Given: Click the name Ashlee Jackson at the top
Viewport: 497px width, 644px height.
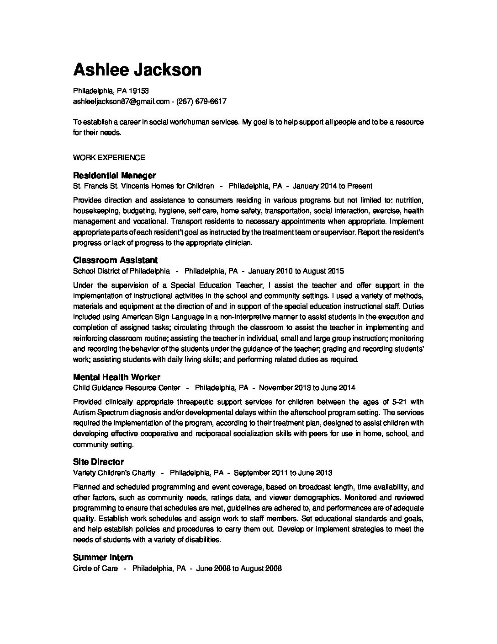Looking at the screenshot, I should pos(137,70).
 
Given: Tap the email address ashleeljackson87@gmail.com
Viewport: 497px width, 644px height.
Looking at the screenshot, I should pos(121,101).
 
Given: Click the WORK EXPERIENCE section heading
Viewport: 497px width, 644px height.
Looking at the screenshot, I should pos(109,157).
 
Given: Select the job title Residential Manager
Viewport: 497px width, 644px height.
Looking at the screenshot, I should pos(114,175).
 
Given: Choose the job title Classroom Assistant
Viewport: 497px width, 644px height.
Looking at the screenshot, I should pos(115,260).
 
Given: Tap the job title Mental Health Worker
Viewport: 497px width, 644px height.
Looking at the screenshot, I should pos(116,377).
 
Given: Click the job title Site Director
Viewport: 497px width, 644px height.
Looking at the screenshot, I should pos(98,462).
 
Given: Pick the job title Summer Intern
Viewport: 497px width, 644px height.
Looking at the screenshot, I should pos(103,557).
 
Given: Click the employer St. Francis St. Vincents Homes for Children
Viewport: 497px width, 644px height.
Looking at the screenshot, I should pos(143,186).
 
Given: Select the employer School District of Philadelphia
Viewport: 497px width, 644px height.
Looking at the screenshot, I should pos(122,271).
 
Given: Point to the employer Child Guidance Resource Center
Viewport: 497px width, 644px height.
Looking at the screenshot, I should pos(127,387).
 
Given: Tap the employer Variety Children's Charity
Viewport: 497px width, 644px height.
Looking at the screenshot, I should pos(114,472).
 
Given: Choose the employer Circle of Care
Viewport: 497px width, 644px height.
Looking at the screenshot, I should pos(95,568).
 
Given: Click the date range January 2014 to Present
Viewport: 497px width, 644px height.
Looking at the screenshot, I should pos(332,186).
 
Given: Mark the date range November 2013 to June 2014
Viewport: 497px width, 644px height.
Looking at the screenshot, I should pos(307,387).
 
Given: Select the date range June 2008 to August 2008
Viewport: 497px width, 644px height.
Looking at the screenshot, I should pos(239,568).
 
